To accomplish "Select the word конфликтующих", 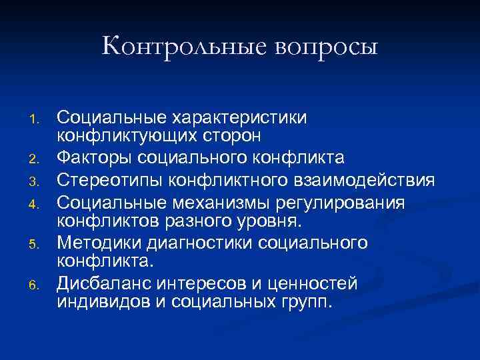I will point(125,137).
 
